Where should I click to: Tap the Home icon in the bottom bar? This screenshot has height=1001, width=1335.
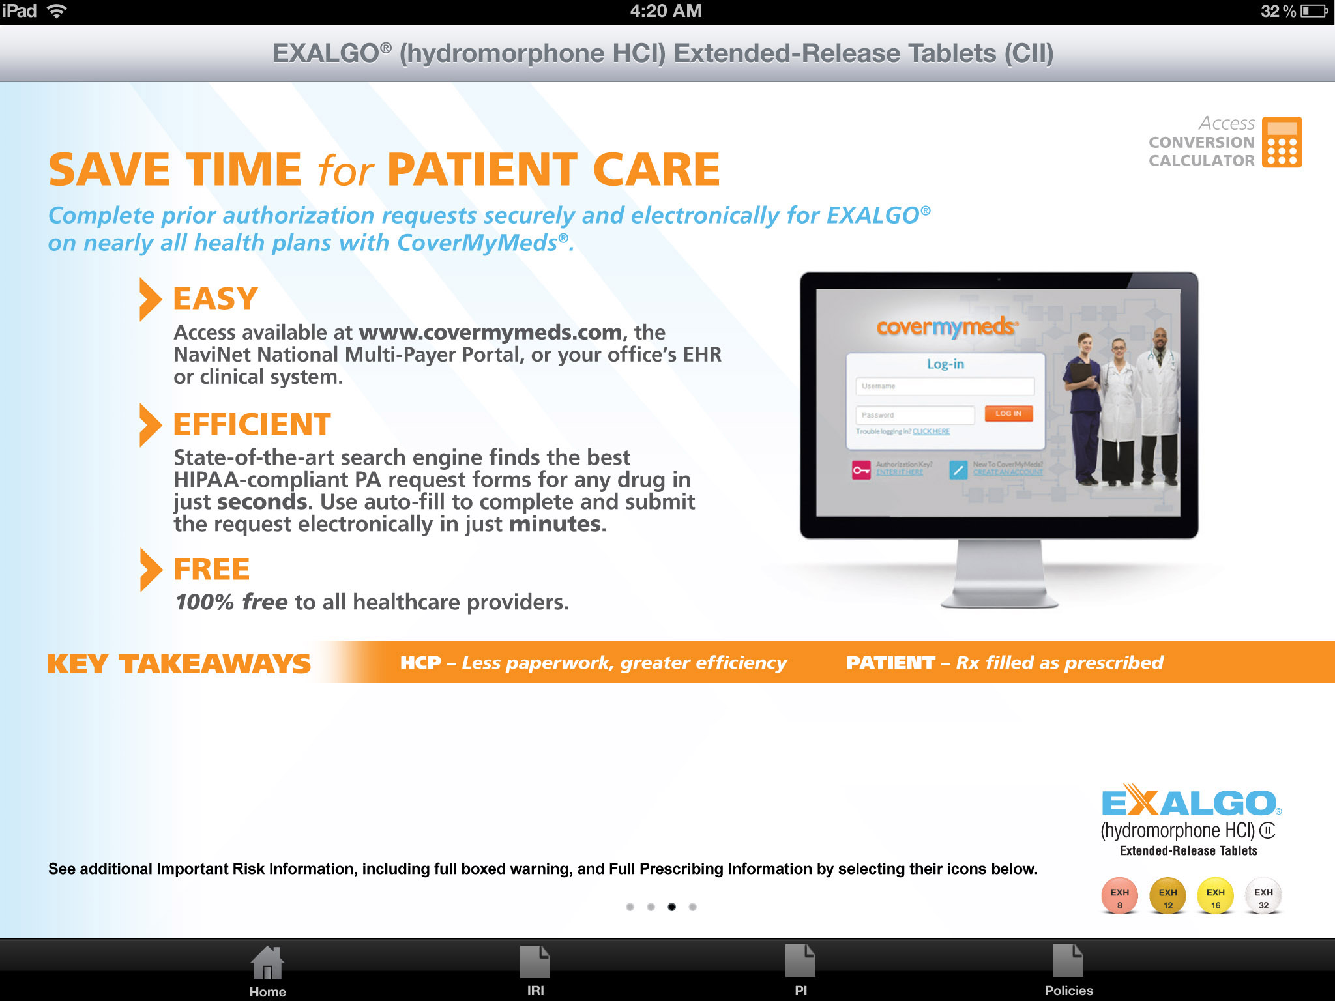click(x=267, y=964)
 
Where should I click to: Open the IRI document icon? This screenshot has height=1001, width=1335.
click(x=535, y=963)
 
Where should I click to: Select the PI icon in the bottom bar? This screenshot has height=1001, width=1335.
click(x=800, y=961)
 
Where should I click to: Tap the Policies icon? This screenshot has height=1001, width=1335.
click(x=1068, y=961)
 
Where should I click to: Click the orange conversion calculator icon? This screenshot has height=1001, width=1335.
click(x=1282, y=142)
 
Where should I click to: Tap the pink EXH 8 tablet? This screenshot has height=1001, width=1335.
click(x=1119, y=897)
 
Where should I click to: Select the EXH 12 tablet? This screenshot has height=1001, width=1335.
click(x=1167, y=897)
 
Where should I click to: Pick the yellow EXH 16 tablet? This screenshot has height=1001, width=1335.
click(x=1215, y=897)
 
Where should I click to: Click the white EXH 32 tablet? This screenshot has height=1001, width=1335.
click(x=1263, y=897)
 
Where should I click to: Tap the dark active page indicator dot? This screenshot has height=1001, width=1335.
click(x=671, y=907)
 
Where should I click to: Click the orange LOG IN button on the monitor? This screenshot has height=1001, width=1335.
click(x=1008, y=414)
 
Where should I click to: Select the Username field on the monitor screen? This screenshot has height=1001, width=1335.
click(x=945, y=386)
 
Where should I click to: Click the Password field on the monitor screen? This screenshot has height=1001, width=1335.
click(x=915, y=415)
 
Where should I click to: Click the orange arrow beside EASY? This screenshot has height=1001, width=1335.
click(x=150, y=299)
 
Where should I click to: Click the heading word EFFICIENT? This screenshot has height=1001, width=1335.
click(x=252, y=425)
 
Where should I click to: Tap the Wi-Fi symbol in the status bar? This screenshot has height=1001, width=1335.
click(x=57, y=11)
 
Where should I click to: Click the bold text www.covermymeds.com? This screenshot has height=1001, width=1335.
click(x=490, y=332)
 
